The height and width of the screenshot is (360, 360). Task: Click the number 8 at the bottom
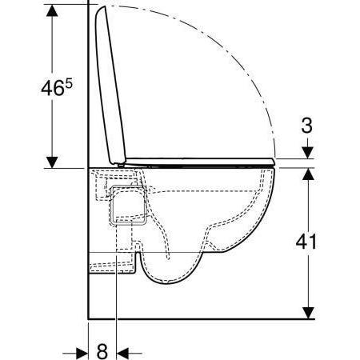pyautogui.click(x=102, y=350)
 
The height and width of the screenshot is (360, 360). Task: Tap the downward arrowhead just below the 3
pyautogui.click(x=307, y=153)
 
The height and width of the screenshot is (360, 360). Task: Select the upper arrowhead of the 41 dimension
pyautogui.click(x=307, y=175)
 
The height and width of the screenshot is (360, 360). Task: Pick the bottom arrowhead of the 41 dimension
pyautogui.click(x=307, y=312)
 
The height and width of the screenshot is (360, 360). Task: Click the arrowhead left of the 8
pyautogui.click(x=81, y=350)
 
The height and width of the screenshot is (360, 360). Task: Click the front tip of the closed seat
pyautogui.click(x=273, y=162)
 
